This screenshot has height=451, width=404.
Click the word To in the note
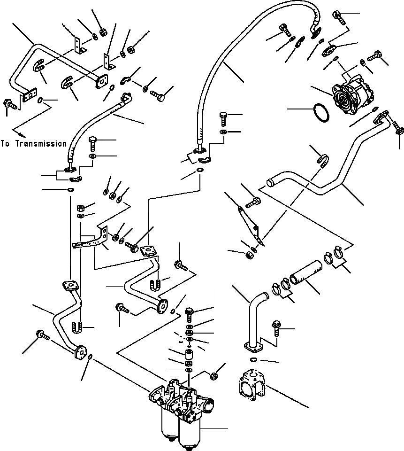point(6,144)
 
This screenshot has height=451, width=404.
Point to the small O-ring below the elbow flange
point(253,359)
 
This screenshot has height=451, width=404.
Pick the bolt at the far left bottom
point(39,334)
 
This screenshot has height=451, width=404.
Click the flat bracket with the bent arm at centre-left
point(92,241)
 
